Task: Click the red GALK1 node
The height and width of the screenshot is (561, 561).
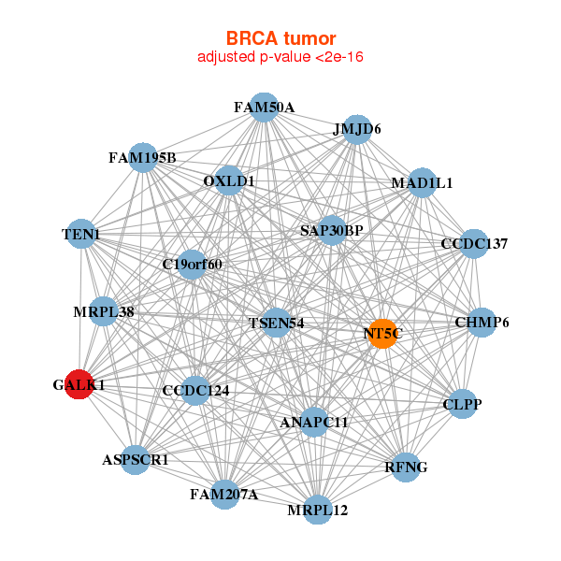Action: pyautogui.click(x=79, y=383)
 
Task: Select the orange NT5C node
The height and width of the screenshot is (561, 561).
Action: pyautogui.click(x=381, y=333)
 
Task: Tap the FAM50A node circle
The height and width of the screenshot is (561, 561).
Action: pyautogui.click(x=265, y=108)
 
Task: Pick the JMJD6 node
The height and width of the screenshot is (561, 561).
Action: pyautogui.click(x=357, y=130)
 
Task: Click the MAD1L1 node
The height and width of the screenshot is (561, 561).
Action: pyautogui.click(x=422, y=183)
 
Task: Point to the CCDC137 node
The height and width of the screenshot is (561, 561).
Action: pyautogui.click(x=474, y=244)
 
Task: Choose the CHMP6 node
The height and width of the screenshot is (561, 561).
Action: pyautogui.click(x=482, y=323)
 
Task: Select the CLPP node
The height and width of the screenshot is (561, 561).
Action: pyautogui.click(x=463, y=405)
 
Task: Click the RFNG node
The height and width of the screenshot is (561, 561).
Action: pyautogui.click(x=406, y=467)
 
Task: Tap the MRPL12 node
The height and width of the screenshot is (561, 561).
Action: pyautogui.click(x=318, y=510)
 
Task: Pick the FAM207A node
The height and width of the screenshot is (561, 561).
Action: pyautogui.click(x=224, y=494)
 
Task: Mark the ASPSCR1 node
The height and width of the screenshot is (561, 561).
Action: pyautogui.click(x=137, y=459)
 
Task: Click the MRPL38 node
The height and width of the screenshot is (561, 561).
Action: pyautogui.click(x=104, y=311)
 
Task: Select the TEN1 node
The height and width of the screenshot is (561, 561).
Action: pyautogui.click(x=81, y=234)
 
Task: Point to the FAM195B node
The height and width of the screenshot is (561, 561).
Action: pyautogui.click(x=142, y=157)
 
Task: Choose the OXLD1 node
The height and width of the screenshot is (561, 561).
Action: pyautogui.click(x=229, y=180)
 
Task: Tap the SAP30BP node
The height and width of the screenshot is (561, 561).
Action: pyautogui.click(x=332, y=229)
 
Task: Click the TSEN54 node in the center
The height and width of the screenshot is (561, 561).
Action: pyautogui.click(x=277, y=323)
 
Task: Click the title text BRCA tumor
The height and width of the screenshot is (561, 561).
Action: pyautogui.click(x=280, y=38)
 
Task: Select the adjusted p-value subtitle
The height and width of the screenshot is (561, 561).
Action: pyautogui.click(x=280, y=57)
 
